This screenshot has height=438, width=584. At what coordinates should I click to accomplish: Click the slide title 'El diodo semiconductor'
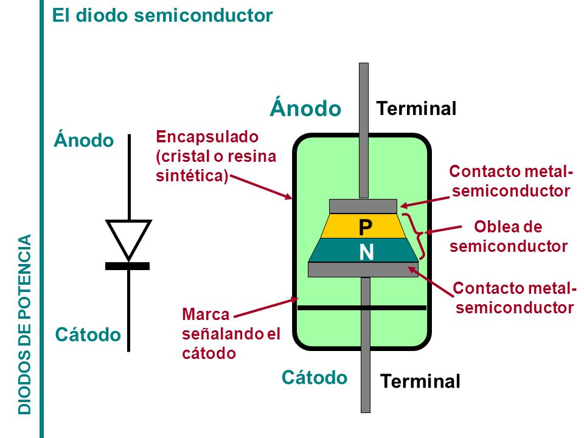[x=162, y=16]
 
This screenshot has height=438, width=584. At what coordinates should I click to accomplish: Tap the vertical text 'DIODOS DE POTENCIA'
[x=24, y=324]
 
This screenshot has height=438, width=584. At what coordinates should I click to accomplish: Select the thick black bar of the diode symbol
[x=127, y=266]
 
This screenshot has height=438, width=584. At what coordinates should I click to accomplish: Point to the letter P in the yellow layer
[x=366, y=227]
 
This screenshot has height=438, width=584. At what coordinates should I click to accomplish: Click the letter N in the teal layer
[x=366, y=252]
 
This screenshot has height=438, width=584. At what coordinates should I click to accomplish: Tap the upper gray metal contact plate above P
[x=363, y=206]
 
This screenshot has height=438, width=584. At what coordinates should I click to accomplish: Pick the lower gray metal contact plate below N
[x=363, y=269]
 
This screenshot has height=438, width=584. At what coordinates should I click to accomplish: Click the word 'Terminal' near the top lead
[x=416, y=108]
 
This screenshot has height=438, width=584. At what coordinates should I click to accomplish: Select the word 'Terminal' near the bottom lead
[x=420, y=381]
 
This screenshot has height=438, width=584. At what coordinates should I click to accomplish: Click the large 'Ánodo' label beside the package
[x=305, y=108]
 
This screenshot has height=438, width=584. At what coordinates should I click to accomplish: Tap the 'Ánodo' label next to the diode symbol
[x=84, y=140]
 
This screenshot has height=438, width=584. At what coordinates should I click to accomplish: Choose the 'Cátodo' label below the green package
[x=315, y=377]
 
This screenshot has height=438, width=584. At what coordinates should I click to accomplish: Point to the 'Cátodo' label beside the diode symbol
[x=88, y=335]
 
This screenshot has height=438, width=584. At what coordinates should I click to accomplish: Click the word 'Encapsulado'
[x=207, y=137]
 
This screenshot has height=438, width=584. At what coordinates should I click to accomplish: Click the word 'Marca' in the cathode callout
[x=206, y=315]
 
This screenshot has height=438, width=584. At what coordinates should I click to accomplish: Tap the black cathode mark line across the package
[x=362, y=308]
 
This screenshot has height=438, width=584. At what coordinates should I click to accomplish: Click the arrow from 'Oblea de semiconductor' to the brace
[x=443, y=229]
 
